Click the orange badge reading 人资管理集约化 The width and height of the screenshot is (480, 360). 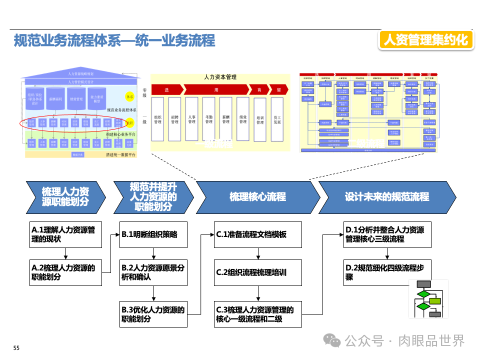[x=426, y=40]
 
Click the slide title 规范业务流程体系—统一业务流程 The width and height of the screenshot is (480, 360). [x=114, y=40]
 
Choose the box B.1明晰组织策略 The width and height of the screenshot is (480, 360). [x=153, y=234]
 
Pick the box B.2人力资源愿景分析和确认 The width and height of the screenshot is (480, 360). [x=153, y=272]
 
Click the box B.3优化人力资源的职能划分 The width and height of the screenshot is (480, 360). [x=153, y=314]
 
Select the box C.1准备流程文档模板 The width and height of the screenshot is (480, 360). [x=258, y=234]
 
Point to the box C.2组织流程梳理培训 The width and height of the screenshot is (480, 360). [x=258, y=272]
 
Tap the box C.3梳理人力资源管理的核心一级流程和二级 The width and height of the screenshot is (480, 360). [x=258, y=314]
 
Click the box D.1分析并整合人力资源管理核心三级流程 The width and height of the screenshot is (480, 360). [x=387, y=234]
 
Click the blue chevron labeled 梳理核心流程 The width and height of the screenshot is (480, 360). [x=257, y=197]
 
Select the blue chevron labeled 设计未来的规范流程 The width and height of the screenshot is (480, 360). [x=386, y=197]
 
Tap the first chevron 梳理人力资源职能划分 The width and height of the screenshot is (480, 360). [x=65, y=197]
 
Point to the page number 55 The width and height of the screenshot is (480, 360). [x=16, y=348]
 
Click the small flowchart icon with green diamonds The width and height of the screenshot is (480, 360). [x=428, y=298]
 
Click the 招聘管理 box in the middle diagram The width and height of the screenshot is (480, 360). [x=174, y=119]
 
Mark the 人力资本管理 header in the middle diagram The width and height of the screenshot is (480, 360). [x=220, y=77]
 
